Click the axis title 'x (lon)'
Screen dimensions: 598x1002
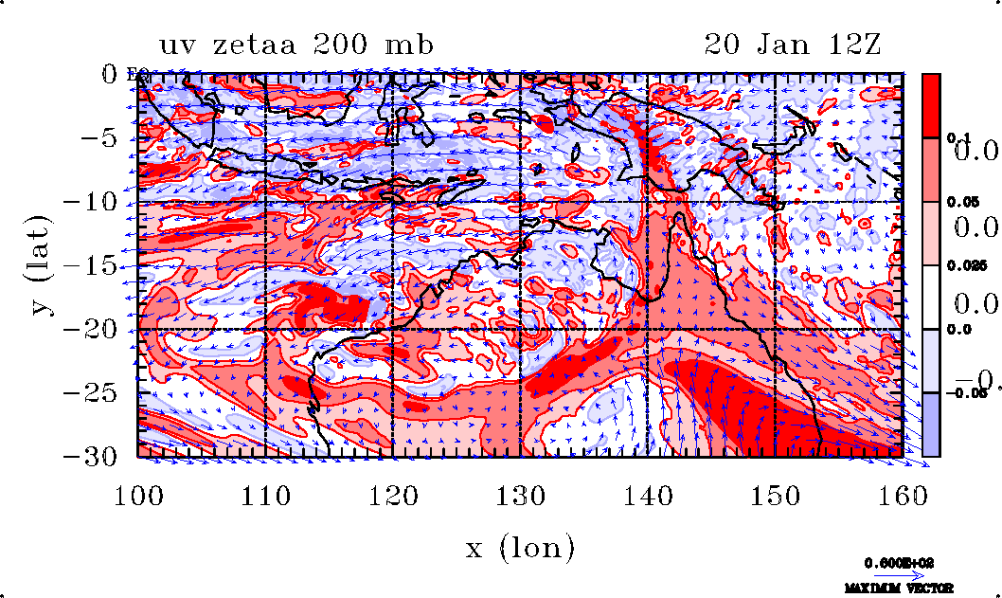(x=520, y=546)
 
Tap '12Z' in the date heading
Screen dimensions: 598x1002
(x=852, y=45)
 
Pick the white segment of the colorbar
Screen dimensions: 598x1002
(x=932, y=297)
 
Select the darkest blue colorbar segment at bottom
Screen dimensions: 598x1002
(x=932, y=425)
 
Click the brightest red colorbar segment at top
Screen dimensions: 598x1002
(x=932, y=105)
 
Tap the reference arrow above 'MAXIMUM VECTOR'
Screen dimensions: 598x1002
(x=895, y=576)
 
